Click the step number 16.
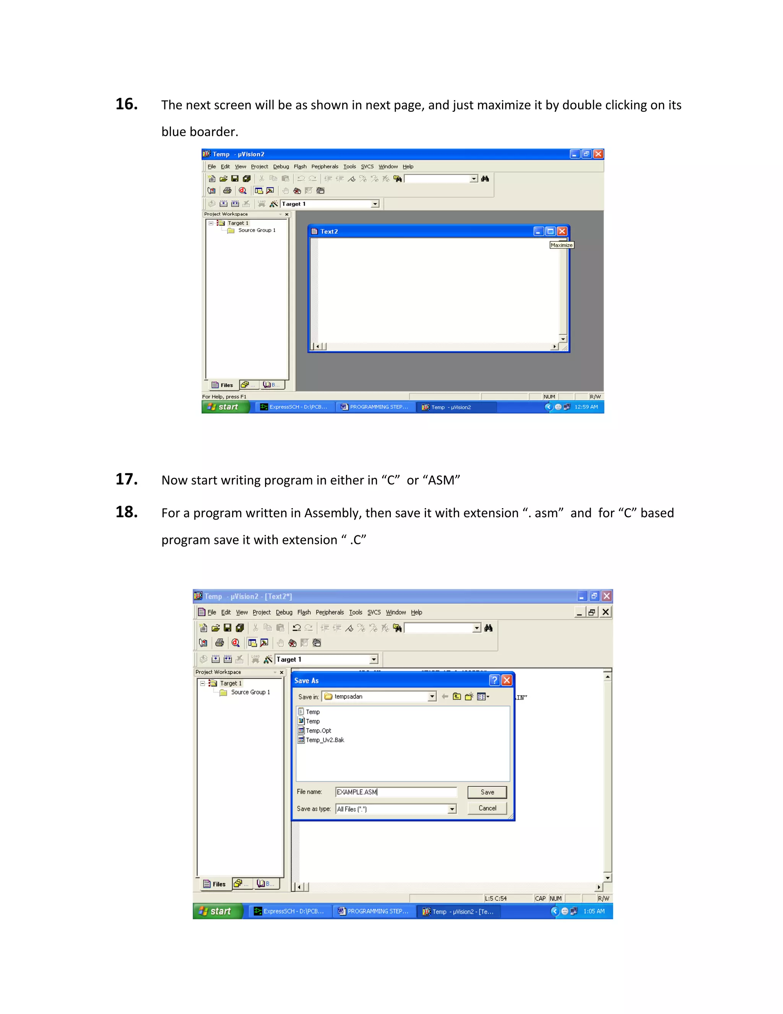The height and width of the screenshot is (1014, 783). tap(126, 104)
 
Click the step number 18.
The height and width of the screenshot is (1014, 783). tap(126, 512)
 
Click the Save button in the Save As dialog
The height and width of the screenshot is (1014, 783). tap(487, 792)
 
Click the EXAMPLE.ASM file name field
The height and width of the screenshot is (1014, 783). tap(396, 792)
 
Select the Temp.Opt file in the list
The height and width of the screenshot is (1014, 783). tap(318, 731)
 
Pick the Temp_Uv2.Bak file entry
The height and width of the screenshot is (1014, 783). tap(325, 740)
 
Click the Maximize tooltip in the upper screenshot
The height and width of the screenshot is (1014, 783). tap(561, 245)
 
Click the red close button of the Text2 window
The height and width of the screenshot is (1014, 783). tap(562, 231)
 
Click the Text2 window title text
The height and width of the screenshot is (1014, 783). tap(329, 231)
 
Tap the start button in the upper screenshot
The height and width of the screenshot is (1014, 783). tap(225, 407)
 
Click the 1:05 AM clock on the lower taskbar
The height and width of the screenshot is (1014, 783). tap(594, 911)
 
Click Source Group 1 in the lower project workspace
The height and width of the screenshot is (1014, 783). tap(250, 692)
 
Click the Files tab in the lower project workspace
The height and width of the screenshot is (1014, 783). tap(215, 884)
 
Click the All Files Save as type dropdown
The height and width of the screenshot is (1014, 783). tap(396, 809)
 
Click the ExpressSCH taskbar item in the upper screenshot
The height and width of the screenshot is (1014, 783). tap(294, 407)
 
